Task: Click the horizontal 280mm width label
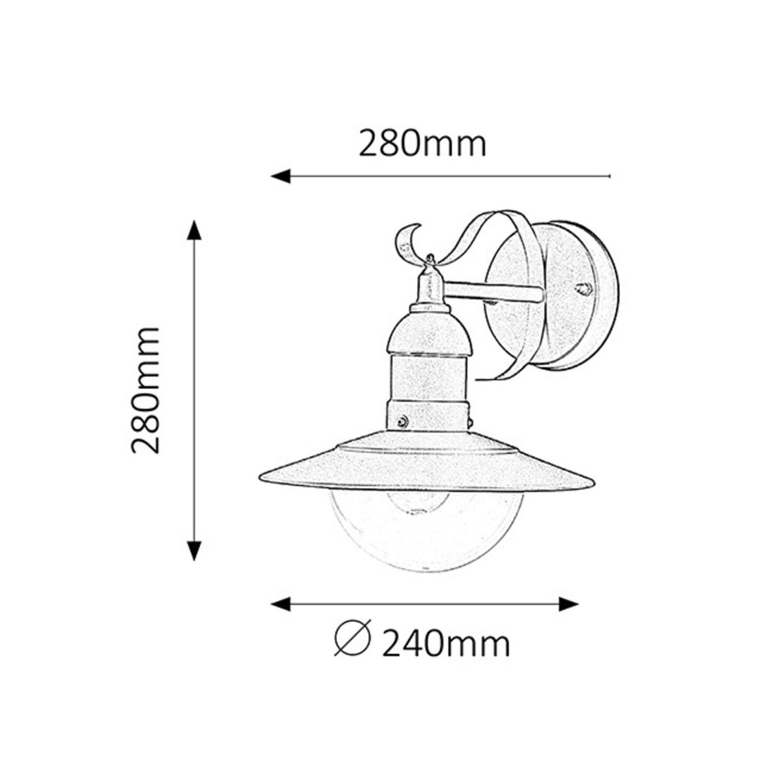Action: pyautogui.click(x=423, y=144)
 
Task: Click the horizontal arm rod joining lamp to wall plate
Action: pyautogui.click(x=493, y=290)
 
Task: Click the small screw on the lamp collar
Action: pyautogui.click(x=402, y=421)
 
